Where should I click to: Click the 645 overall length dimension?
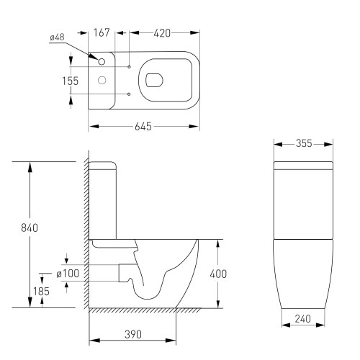coord(143,126)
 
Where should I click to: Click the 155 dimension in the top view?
coord(70,81)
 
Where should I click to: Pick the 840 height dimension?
coord(30,228)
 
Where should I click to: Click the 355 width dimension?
coord(302,143)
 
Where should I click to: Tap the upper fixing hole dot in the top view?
coord(128,67)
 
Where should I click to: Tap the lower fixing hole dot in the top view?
coord(128,94)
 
